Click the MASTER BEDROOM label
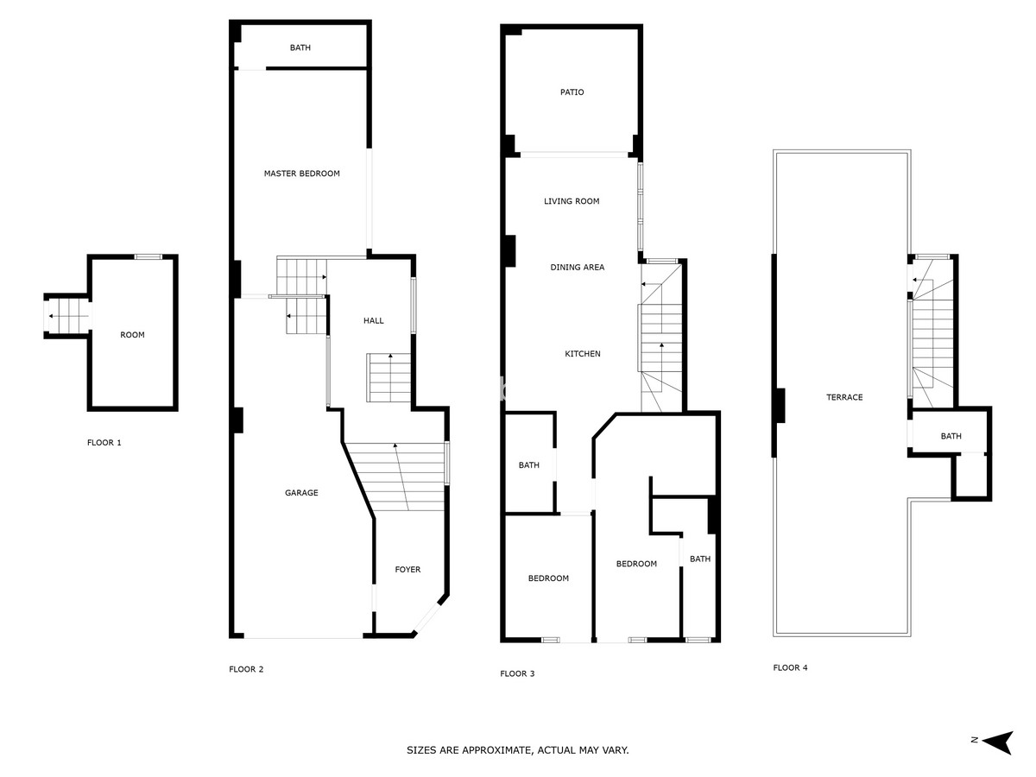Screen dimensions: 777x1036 click(x=301, y=174)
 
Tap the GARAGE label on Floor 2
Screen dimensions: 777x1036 click(x=301, y=493)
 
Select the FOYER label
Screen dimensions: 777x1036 click(x=407, y=570)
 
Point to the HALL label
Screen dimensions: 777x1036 click(x=373, y=320)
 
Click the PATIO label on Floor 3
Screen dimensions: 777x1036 click(x=572, y=92)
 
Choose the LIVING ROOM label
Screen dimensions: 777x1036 click(x=572, y=201)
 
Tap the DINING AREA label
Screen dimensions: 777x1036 click(x=577, y=268)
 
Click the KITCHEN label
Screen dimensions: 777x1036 click(x=582, y=354)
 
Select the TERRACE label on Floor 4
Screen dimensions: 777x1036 click(x=844, y=397)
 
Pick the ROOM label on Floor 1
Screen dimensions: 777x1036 click(x=132, y=335)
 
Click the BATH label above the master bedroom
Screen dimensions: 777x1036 click(x=300, y=47)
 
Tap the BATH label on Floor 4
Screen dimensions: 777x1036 click(x=951, y=436)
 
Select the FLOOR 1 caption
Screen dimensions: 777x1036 click(x=104, y=443)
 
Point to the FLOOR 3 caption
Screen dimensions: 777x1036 click(x=517, y=673)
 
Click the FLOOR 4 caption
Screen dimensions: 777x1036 click(x=790, y=667)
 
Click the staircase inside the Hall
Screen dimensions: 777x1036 click(x=389, y=378)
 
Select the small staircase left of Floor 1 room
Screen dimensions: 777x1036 click(x=67, y=316)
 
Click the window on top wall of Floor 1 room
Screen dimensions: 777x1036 click(x=148, y=256)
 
